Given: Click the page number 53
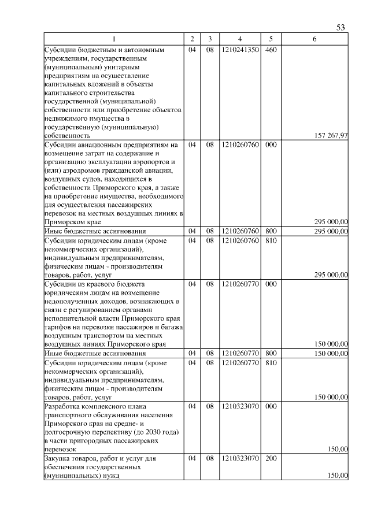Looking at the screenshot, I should tap(341, 27).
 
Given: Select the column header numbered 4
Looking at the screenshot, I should tap(239, 39).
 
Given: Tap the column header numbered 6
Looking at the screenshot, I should tap(314, 39).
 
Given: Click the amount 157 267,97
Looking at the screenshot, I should tap(331, 136).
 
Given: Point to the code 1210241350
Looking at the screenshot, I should tap(239, 50).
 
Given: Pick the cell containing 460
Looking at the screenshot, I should tap(271, 50).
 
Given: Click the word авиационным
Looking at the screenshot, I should tap(99, 144).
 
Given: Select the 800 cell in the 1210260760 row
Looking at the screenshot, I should tap(271, 231).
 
